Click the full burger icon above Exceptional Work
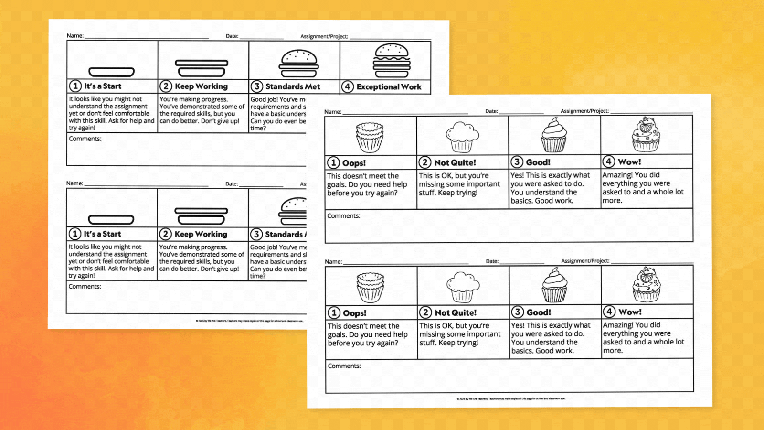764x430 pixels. (392, 60)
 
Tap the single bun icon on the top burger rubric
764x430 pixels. (111, 72)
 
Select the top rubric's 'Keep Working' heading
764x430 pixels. (201, 86)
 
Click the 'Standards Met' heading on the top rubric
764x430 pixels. (292, 86)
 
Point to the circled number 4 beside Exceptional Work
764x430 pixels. (348, 87)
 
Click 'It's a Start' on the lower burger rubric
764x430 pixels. (102, 234)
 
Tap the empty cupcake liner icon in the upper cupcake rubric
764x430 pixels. (370, 137)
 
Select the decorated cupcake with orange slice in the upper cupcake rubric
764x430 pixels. (646, 135)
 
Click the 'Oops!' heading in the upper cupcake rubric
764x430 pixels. (353, 163)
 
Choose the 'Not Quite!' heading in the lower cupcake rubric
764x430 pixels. (455, 313)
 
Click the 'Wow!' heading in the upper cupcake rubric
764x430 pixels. (629, 162)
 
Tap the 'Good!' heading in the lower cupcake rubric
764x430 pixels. (538, 312)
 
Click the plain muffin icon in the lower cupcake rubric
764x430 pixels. (462, 287)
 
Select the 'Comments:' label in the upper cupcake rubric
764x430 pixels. (344, 216)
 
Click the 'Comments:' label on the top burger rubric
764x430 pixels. (85, 139)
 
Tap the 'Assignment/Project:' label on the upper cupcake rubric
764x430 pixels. (584, 111)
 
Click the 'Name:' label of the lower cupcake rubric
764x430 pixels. (333, 262)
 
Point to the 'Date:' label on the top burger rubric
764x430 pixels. (232, 36)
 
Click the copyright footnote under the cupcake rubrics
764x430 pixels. (510, 398)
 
